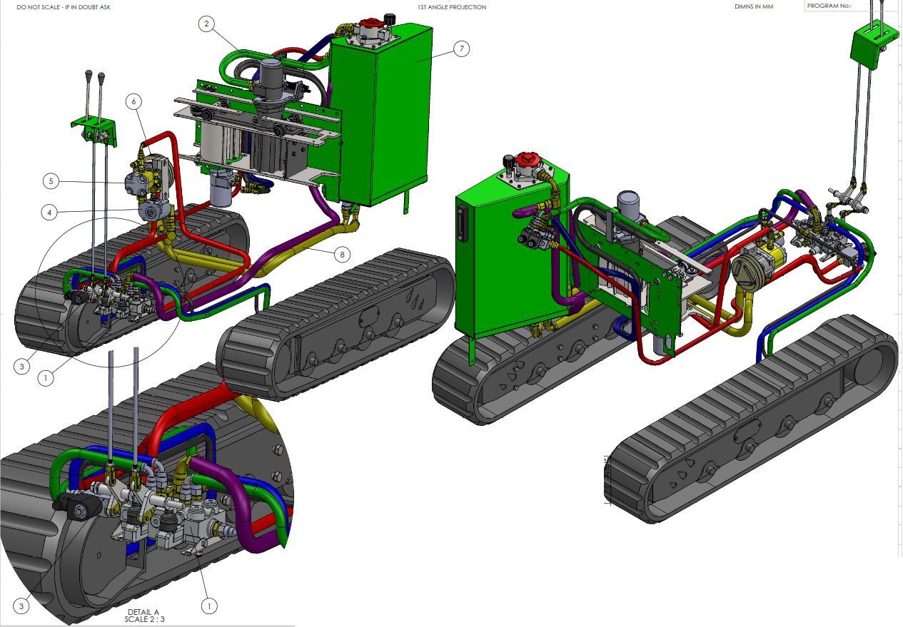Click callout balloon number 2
206,24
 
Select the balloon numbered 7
462,49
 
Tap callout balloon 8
342,255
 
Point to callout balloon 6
133,101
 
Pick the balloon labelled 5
51,181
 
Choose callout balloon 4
49,213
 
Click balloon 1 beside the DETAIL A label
209,606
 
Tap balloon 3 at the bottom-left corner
21,606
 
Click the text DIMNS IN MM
754,7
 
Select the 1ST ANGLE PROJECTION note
452,7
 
